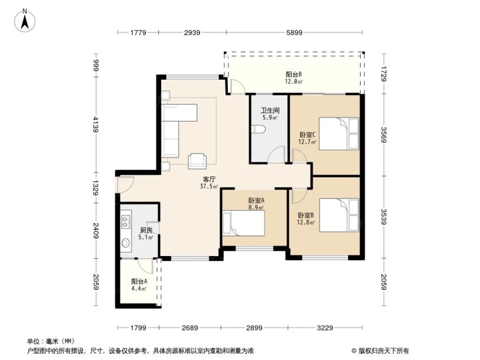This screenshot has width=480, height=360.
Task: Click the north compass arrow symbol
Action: coord(25,20)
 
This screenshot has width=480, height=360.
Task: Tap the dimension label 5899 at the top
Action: coord(294,32)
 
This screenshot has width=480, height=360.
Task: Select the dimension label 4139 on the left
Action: coord(96,124)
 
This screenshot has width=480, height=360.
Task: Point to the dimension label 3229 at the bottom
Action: coord(325,328)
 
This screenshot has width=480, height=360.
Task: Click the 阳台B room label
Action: coord(294,75)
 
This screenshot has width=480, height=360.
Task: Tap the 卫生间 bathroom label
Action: coord(270,110)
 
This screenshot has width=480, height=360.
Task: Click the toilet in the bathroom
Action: coord(257,129)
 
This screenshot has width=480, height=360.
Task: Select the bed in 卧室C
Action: coord(339,134)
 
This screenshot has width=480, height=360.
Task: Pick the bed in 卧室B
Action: coord(339,215)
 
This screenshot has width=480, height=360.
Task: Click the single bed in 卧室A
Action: coord(243,223)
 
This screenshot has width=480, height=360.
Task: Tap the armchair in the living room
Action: coord(197,161)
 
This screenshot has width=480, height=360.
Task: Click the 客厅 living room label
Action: coord(209,179)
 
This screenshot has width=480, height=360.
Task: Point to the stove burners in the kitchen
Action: coord(125,222)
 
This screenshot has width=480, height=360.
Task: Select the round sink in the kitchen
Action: coord(126,243)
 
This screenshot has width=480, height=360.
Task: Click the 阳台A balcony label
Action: coord(139,281)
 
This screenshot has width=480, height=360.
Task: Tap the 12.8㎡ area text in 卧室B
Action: coord(306,223)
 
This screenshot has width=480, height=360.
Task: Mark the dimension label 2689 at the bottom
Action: coord(190,328)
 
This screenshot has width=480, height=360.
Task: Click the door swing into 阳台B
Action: coord(238,86)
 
